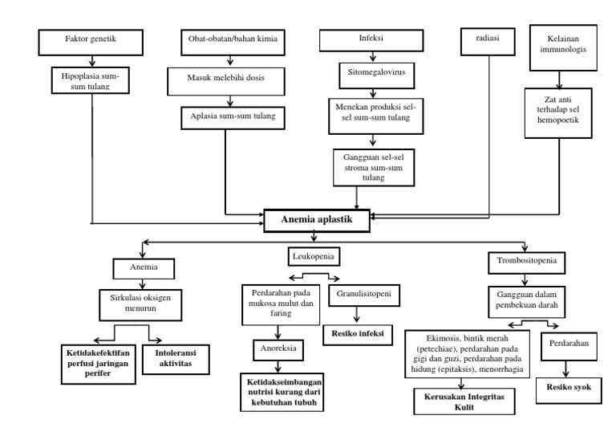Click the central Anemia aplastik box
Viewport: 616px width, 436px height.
[317, 219]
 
